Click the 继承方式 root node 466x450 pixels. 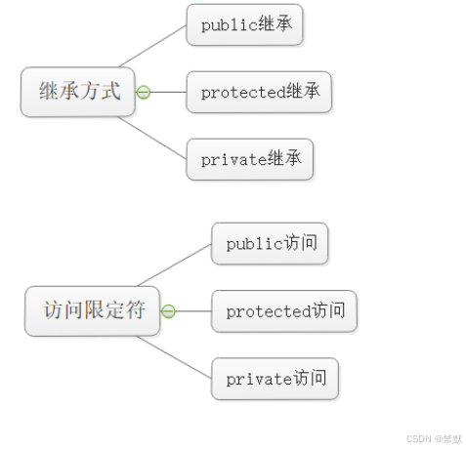tap(78, 92)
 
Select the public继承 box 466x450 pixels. tap(244, 24)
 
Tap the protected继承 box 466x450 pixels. tap(259, 92)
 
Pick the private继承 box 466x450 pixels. tap(250, 159)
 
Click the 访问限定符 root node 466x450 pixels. tap(92, 311)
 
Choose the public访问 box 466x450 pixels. tap(270, 244)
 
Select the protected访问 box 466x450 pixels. tap(284, 311)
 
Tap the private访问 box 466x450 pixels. tap(275, 379)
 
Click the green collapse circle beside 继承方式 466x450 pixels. tap(144, 92)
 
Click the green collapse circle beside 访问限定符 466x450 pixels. tap(168, 311)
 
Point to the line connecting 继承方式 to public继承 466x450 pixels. tap(153, 46)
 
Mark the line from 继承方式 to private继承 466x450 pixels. tap(152, 138)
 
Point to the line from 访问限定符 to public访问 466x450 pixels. tap(175, 265)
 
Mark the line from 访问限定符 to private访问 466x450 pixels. tap(174, 357)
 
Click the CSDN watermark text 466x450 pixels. tap(434, 438)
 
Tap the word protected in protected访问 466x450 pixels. tap(269, 311)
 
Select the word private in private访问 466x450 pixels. tap(259, 379)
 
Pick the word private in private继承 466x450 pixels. tap(234, 160)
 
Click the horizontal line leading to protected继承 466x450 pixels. tap(168, 92)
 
